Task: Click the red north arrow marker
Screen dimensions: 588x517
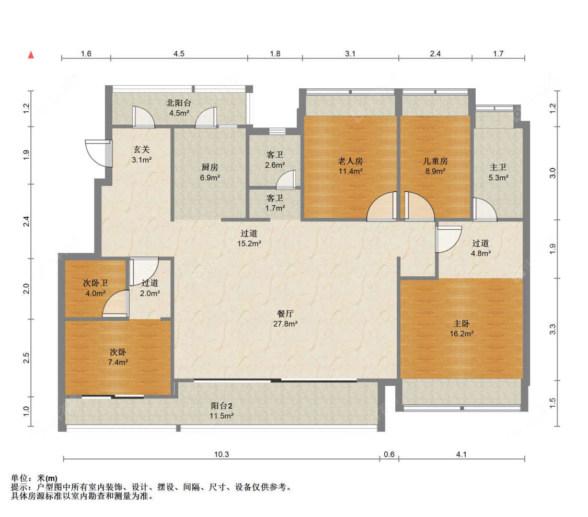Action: (31, 55)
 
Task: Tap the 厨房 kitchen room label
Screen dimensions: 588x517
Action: (210, 167)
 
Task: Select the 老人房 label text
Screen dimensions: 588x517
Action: (350, 161)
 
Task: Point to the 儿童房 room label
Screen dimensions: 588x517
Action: (435, 161)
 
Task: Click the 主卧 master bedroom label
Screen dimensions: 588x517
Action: (461, 323)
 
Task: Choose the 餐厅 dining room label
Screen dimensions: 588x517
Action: (285, 313)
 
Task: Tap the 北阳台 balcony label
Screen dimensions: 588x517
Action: (179, 103)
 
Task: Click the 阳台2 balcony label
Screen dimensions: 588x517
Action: (222, 406)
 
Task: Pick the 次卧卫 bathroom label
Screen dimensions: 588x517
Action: (96, 283)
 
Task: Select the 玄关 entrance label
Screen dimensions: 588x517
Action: (142, 149)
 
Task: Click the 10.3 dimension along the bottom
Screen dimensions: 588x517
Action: (222, 454)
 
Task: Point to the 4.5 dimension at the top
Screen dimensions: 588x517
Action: (179, 54)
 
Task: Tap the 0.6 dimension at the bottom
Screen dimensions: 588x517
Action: (389, 454)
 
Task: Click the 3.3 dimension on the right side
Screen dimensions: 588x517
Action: (552, 330)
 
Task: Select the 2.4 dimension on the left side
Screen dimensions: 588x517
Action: (26, 221)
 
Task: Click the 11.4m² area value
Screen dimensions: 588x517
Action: (350, 172)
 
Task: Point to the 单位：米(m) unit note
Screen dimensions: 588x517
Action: (34, 478)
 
